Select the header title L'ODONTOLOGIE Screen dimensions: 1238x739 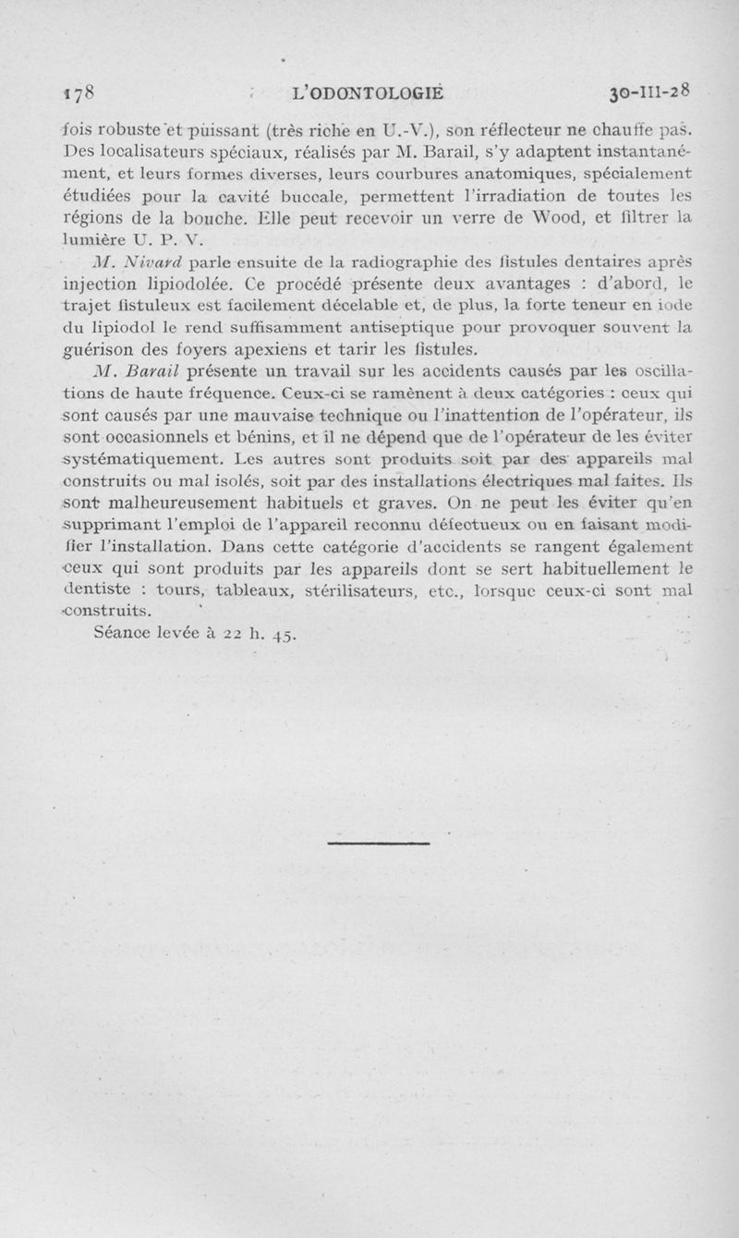coord(368,92)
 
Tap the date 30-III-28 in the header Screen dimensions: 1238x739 coord(651,92)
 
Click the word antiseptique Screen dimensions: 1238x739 coord(415,328)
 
